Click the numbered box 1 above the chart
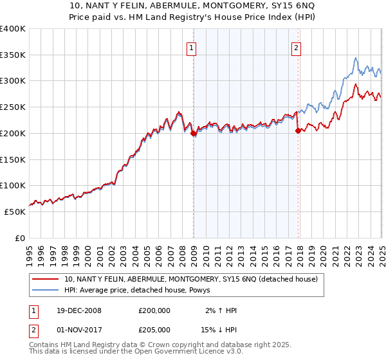[192, 46]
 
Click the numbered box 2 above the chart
[297, 46]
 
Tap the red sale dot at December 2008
[194, 133]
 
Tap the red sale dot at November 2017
[298, 130]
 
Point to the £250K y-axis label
[13, 107]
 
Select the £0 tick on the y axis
[21, 238]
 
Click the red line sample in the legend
[46, 279]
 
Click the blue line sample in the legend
[46, 290]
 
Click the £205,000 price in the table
[154, 329]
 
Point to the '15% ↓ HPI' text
[219, 329]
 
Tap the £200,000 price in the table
[154, 310]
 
